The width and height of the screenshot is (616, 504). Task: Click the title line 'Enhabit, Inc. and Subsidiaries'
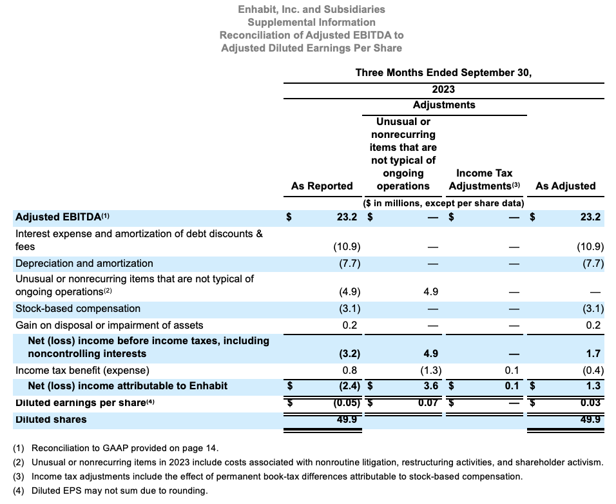(311, 9)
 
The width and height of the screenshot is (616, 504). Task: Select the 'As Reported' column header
(322, 186)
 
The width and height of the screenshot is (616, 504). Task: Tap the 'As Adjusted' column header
(565, 186)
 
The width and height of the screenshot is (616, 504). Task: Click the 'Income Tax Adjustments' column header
(484, 180)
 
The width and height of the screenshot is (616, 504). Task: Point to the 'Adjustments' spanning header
(444, 105)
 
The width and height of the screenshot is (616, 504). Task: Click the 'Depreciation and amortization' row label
(84, 264)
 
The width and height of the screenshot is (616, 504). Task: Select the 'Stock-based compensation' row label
(78, 309)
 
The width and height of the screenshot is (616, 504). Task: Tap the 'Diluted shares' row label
(51, 420)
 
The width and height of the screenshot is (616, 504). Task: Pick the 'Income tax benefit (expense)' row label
(82, 371)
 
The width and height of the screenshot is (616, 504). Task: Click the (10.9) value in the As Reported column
(347, 247)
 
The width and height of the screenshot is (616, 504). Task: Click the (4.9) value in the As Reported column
(347, 292)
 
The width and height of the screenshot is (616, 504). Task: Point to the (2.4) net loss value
(347, 386)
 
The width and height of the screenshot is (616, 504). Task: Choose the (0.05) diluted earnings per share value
(344, 403)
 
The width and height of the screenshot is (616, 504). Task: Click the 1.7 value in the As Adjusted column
(593, 354)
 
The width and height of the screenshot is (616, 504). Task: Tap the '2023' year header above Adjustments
(443, 90)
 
